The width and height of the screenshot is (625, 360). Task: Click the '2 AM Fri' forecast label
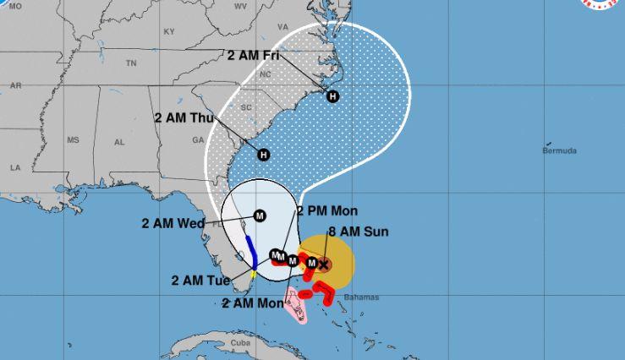click(255, 54)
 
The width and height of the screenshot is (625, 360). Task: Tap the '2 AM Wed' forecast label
click(173, 223)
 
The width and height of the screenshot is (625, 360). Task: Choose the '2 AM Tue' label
click(200, 280)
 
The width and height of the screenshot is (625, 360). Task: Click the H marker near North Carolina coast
click(332, 96)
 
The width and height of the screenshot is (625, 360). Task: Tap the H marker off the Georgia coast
click(264, 155)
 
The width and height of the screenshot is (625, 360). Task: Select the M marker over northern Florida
click(260, 215)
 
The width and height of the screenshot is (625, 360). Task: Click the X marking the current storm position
click(323, 265)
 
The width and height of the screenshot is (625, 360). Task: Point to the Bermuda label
click(559, 151)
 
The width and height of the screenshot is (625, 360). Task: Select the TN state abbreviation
click(131, 63)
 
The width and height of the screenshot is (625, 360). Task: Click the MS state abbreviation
click(73, 139)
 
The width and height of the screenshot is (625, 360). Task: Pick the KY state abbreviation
click(169, 31)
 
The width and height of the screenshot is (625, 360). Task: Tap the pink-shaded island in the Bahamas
click(296, 306)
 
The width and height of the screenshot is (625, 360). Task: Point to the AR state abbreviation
click(15, 85)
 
